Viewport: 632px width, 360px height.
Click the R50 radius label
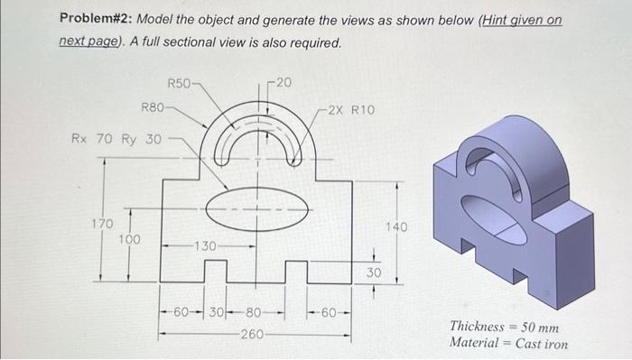(x=179, y=83)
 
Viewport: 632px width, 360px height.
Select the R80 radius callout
(x=153, y=108)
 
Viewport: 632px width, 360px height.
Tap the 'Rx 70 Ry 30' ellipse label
(x=116, y=139)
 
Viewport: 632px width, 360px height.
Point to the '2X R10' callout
(x=351, y=110)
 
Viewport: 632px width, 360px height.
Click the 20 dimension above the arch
(x=283, y=82)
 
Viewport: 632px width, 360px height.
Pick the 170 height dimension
(x=102, y=224)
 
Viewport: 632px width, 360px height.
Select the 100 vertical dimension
(x=129, y=240)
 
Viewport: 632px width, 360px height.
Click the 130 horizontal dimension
(x=206, y=245)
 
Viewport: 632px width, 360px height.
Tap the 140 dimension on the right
(x=396, y=227)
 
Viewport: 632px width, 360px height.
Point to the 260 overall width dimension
(x=252, y=334)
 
